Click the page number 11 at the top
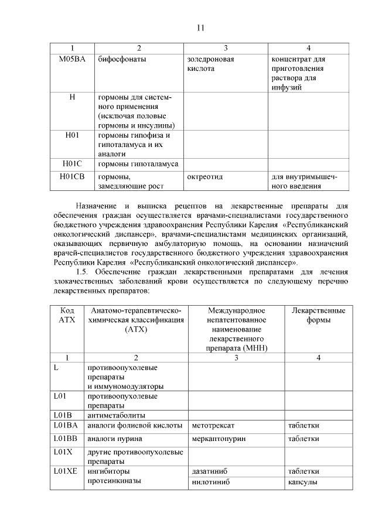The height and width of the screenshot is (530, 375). coord(200,28)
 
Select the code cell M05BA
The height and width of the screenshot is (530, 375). coord(72,59)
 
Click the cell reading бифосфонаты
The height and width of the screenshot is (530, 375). coord(122,59)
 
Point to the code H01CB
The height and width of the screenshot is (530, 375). coord(72,176)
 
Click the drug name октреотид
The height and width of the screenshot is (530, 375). coord(204,176)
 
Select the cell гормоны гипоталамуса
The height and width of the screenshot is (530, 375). coord(138,163)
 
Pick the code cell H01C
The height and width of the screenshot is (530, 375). coord(72,163)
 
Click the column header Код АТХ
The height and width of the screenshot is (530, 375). coord(67,315)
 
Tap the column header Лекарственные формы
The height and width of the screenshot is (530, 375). coord(318,315)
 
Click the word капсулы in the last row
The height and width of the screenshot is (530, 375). coord(302,483)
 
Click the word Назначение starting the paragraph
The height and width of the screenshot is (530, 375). coord(96,206)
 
